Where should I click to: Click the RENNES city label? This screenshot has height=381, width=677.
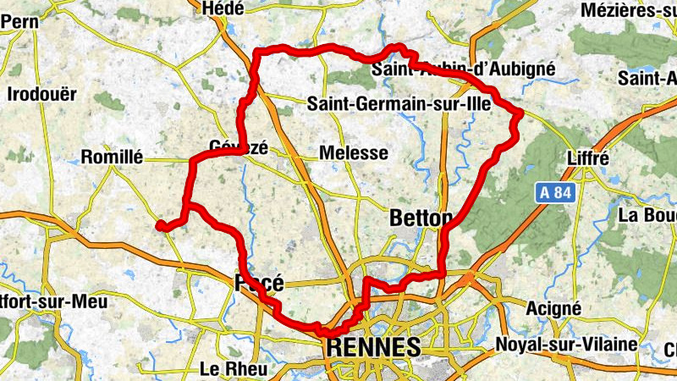(x=372, y=347)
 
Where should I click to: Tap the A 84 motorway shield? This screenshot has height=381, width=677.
(x=556, y=193)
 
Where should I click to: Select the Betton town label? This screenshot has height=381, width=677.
(x=421, y=218)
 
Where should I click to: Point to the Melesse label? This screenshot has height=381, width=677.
(x=354, y=153)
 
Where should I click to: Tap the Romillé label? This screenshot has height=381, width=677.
(x=113, y=157)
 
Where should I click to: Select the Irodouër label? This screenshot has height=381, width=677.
(x=41, y=94)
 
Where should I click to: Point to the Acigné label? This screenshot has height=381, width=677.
(x=553, y=308)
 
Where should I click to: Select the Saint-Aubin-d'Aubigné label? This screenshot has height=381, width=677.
(x=471, y=69)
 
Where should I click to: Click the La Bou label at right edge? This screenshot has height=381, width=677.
(x=647, y=215)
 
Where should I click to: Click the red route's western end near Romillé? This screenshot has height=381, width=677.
(x=159, y=224)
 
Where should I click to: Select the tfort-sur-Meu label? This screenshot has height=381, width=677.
(x=32, y=300)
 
